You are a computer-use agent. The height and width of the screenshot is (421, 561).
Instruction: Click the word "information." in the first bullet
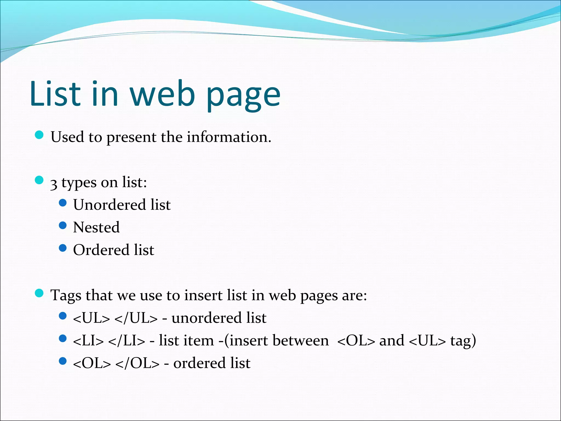[229, 137]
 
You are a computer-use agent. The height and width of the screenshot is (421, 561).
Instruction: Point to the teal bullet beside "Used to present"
[39, 135]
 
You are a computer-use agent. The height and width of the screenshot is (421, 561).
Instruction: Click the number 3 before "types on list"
[54, 184]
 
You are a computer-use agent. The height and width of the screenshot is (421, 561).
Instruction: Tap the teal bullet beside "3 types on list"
[39, 180]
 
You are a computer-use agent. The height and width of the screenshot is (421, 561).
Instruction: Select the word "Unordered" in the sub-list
[110, 205]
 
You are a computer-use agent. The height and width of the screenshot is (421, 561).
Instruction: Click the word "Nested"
[96, 227]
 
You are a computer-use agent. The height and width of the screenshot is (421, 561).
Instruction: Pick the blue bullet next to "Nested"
[63, 225]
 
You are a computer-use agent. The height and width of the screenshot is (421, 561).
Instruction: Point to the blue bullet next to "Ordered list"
[63, 248]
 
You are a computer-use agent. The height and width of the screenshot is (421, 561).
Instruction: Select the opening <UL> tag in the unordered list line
[91, 318]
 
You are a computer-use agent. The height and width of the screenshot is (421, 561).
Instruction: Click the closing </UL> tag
[136, 318]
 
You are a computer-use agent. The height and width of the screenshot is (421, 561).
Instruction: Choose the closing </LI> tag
[127, 341]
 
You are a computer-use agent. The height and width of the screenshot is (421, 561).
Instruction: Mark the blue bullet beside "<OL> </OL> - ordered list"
[63, 361]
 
